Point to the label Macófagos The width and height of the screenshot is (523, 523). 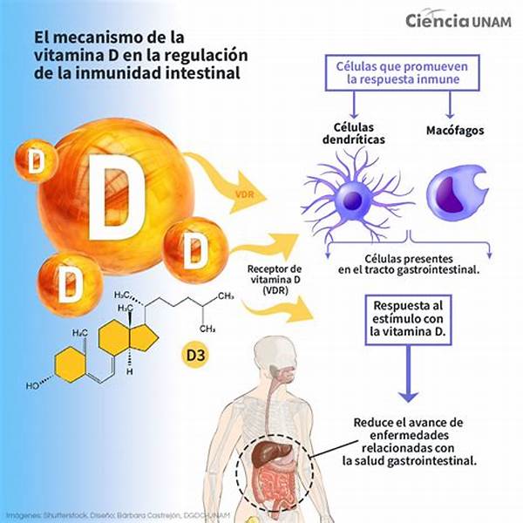[456, 132]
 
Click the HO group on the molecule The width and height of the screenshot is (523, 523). [32, 384]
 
